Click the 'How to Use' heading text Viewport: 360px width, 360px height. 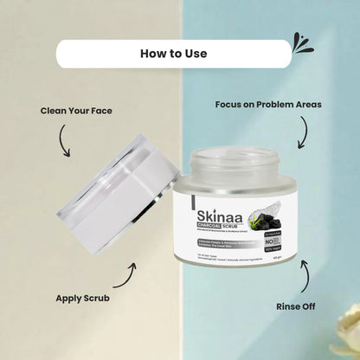173,54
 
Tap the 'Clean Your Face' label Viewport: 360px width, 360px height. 75,111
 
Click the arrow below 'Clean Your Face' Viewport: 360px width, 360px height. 63,141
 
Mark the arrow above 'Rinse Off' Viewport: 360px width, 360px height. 305,273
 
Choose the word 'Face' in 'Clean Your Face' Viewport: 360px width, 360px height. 99,111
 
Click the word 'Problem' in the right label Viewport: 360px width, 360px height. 276,105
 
